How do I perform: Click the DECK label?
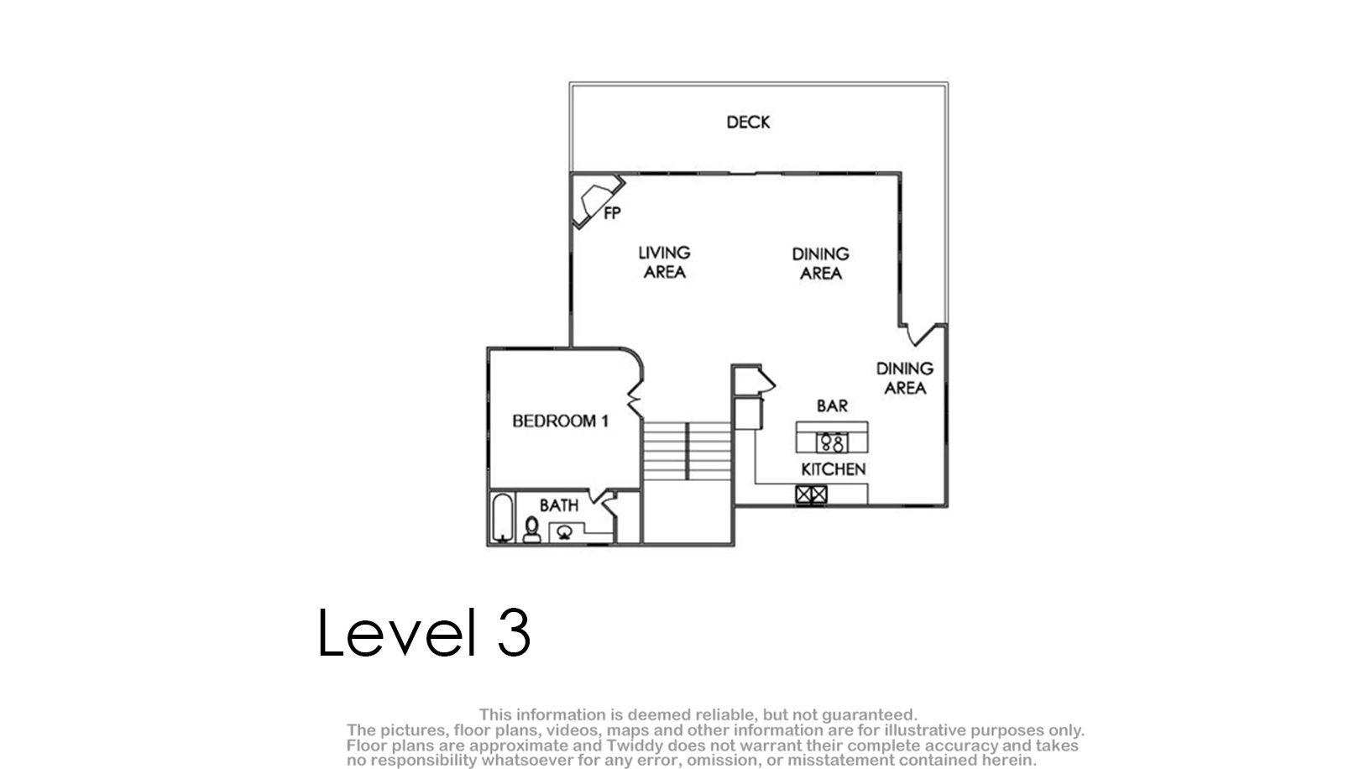748,123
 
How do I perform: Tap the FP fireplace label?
612,213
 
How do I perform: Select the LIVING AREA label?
664,263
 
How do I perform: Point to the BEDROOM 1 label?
560,421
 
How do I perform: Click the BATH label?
559,505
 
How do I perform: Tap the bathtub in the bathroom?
503,517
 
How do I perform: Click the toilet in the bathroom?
532,530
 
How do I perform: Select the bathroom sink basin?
564,532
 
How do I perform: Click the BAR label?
833,405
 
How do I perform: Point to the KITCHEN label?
834,469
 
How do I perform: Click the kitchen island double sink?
832,442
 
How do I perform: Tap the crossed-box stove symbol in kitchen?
812,494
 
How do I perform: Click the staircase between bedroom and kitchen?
688,451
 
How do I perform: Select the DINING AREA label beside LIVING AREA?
821,264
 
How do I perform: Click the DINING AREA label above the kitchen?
905,378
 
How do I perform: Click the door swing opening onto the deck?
921,334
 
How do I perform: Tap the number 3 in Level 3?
514,632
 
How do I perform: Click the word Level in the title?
397,632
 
